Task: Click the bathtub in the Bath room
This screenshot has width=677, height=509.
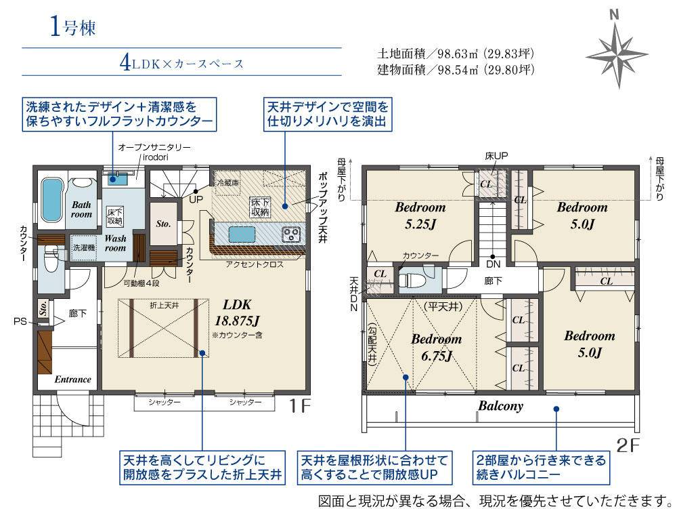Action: [x=51, y=200]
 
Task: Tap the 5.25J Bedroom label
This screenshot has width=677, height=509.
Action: [x=420, y=215]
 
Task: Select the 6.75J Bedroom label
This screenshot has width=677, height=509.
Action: [x=436, y=347]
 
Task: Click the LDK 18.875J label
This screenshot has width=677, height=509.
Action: [x=237, y=312]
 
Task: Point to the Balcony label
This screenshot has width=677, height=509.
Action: [x=500, y=406]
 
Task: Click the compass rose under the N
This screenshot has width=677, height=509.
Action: [x=617, y=56]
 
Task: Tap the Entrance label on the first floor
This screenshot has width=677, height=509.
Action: [x=72, y=380]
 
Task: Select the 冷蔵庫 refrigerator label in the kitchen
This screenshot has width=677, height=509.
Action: [x=227, y=183]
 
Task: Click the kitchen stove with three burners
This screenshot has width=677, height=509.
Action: [x=291, y=235]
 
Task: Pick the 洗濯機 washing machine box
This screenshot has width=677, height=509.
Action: [x=83, y=247]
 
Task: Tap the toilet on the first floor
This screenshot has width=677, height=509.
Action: [x=51, y=258]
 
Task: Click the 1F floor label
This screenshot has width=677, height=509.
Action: [x=299, y=406]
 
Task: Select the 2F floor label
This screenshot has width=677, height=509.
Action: [x=628, y=445]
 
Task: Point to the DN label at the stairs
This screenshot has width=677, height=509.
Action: [x=493, y=264]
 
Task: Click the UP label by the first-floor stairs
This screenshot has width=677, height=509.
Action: [x=196, y=200]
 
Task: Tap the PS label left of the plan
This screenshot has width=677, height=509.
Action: [x=20, y=321]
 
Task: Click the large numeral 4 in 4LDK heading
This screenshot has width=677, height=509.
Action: [x=125, y=63]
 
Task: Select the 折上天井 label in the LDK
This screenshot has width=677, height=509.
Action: [x=164, y=306]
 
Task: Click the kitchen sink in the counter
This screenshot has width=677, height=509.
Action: [x=242, y=235]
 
